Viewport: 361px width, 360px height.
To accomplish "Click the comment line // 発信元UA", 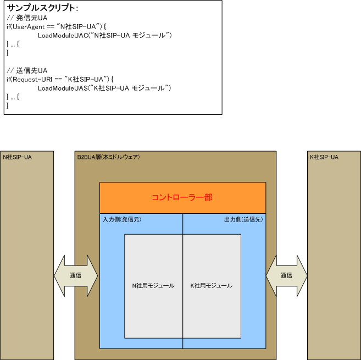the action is coord(27,18).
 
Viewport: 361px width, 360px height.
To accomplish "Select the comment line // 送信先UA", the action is coord(27,70).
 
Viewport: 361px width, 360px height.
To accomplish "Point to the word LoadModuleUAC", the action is coord(63,36).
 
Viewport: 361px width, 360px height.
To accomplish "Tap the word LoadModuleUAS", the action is coord(63,88).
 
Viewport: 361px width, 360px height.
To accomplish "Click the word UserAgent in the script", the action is coord(29,27).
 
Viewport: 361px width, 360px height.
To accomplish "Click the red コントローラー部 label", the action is coord(182,197).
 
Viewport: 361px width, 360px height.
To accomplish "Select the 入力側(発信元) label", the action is coord(122,219).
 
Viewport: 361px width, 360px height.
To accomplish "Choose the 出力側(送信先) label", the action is coord(243,219).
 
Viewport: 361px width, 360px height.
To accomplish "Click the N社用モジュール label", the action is coord(153,286).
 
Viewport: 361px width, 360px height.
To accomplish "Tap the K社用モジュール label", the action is coord(212,286).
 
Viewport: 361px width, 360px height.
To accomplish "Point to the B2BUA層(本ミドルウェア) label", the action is coord(108,157).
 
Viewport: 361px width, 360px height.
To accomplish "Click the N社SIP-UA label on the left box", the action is coord(17,157).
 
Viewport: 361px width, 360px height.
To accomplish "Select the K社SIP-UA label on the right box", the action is coord(324,157).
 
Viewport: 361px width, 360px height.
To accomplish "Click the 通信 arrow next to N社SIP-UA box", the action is coord(76,275).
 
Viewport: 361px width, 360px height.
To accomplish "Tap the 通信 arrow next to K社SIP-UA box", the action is coord(286,275).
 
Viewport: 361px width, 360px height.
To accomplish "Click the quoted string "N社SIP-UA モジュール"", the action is coord(130,36).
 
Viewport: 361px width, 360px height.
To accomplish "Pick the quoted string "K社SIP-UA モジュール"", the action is coord(130,88).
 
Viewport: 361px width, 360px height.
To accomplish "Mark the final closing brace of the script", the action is coord(8,106).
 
